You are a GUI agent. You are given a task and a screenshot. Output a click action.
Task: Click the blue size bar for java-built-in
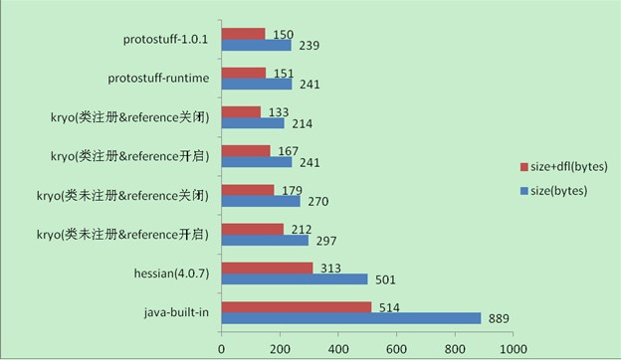(350, 317)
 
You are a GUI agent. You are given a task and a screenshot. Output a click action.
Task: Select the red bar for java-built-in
(296, 306)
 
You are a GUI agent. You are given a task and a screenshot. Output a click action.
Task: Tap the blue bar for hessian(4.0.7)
(294, 278)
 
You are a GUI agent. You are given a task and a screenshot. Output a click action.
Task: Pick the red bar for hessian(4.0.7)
(267, 268)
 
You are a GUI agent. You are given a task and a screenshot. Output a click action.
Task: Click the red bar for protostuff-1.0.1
(243, 34)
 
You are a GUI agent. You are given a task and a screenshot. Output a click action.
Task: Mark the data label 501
(383, 278)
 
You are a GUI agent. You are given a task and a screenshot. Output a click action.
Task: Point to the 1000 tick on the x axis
(513, 348)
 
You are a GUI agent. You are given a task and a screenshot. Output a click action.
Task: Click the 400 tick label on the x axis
(337, 348)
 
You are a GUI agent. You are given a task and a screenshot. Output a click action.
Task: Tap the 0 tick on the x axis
(221, 348)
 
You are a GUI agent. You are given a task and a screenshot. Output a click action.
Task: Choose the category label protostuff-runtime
(158, 78)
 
